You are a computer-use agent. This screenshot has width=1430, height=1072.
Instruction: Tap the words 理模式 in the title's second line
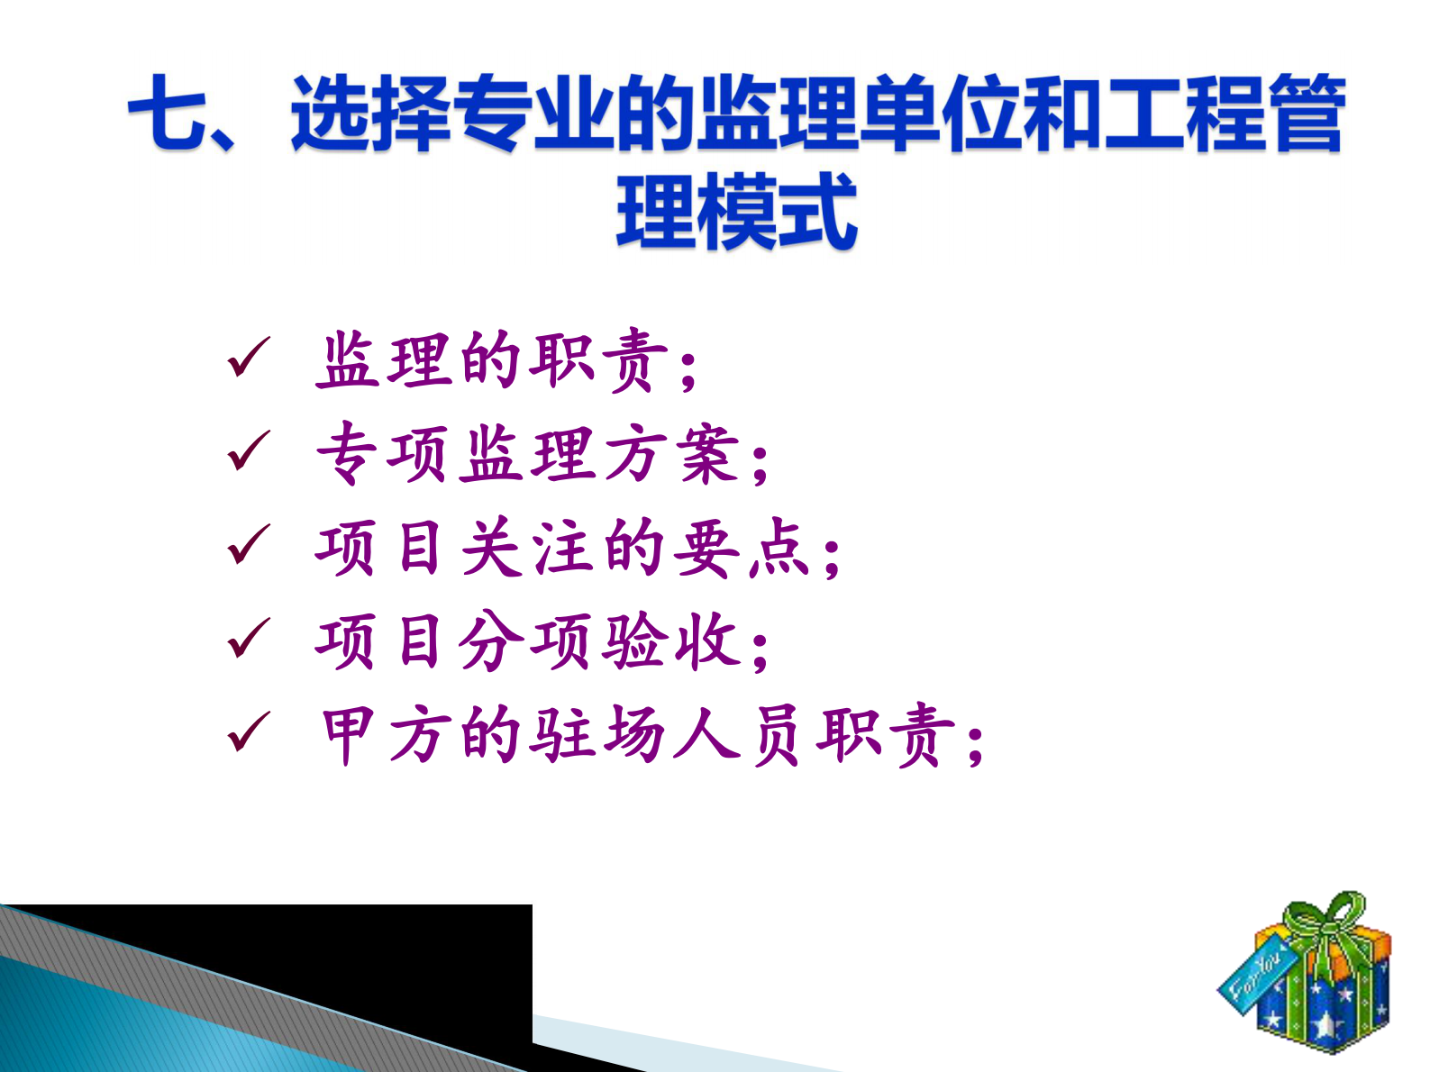[736, 212]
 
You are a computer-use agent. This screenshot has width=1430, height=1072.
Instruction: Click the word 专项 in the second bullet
[382, 453]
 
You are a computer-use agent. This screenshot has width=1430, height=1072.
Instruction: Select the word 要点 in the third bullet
[741, 547]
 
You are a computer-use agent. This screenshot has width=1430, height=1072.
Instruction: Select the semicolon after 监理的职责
[689, 369]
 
